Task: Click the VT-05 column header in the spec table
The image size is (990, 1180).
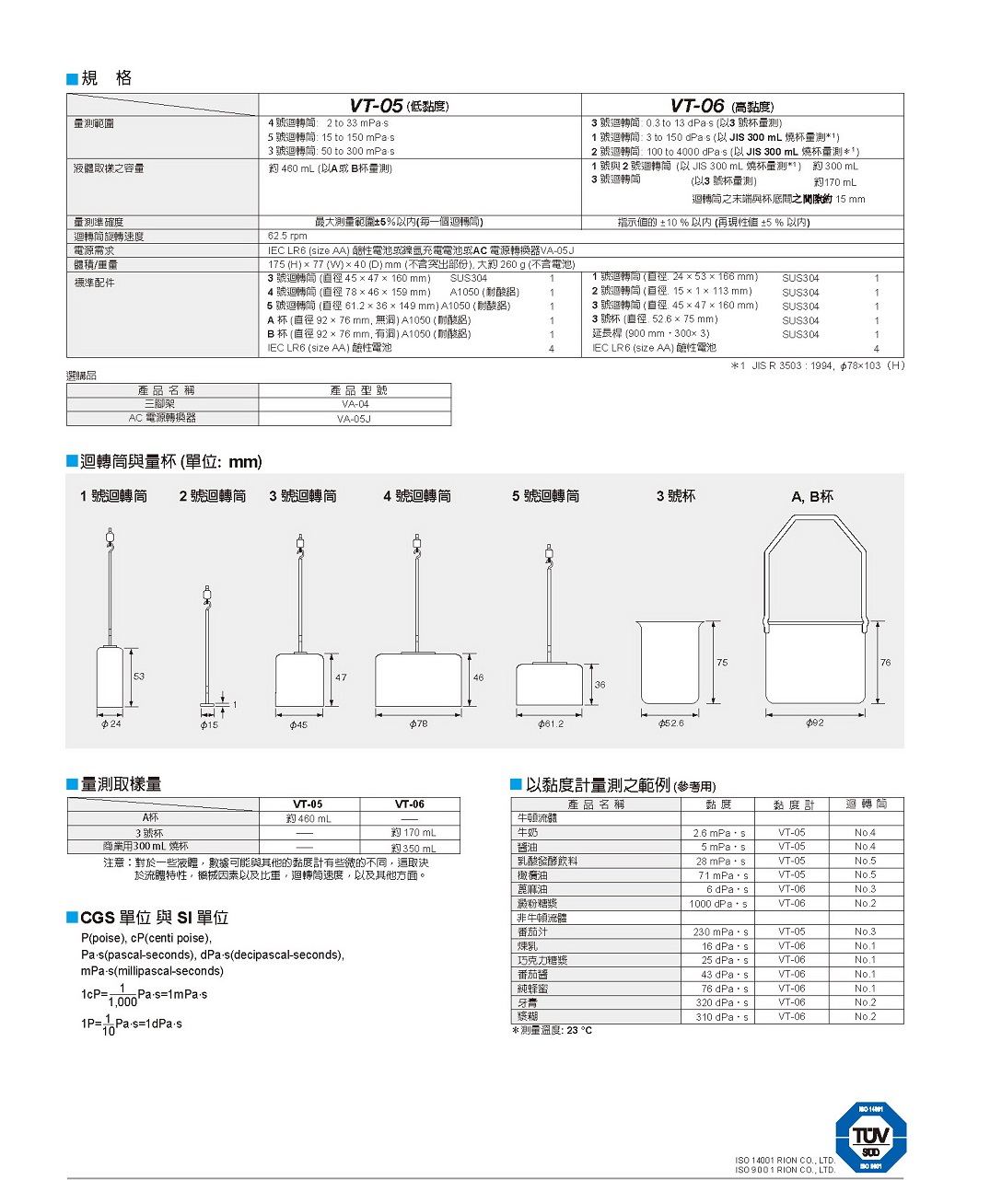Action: point(398,106)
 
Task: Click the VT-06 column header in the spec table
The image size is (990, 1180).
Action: point(721,106)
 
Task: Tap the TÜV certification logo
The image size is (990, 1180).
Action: point(870,1138)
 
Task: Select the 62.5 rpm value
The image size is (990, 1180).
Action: point(287,237)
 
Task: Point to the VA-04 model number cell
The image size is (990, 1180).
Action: point(355,404)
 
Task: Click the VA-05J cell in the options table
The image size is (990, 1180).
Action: point(355,419)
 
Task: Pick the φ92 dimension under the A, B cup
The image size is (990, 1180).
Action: point(814,723)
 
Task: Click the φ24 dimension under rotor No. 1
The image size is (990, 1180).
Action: point(111,724)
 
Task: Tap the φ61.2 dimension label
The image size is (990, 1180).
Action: point(551,724)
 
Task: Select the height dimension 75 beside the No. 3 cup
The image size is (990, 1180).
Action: point(722,663)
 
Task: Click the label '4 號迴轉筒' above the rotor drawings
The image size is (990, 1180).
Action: point(417,496)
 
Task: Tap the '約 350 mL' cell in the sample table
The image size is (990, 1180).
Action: point(413,848)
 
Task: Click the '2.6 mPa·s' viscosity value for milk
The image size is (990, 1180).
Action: point(719,833)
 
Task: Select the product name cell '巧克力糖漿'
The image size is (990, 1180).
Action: point(542,960)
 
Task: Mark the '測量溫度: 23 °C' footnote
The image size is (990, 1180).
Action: point(553,1030)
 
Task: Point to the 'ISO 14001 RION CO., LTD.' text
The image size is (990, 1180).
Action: point(785,1161)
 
